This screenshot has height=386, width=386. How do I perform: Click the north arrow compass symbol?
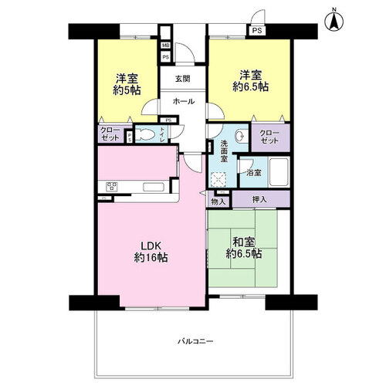[334, 20]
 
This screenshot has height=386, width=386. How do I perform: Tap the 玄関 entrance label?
[183, 79]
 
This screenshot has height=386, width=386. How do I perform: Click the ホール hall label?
[184, 101]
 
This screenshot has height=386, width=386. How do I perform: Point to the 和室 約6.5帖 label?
[244, 248]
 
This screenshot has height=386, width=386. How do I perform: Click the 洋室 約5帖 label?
[127, 84]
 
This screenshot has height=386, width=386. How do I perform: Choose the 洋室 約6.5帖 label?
[251, 81]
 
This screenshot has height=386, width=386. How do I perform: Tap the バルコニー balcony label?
[196, 341]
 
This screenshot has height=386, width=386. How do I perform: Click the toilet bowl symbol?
[144, 134]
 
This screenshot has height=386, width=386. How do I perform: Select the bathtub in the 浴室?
[279, 171]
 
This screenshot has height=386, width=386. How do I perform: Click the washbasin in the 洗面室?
[240, 135]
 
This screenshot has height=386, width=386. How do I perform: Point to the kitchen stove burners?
[112, 186]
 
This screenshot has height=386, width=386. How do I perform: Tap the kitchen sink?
[154, 187]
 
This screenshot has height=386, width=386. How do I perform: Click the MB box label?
[166, 46]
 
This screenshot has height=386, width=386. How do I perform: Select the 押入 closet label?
[259, 199]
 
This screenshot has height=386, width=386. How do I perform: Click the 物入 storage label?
[218, 201]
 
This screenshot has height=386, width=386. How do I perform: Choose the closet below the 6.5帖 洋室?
[270, 137]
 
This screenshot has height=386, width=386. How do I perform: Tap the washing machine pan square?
[218, 180]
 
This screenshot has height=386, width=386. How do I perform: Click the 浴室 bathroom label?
[254, 173]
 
